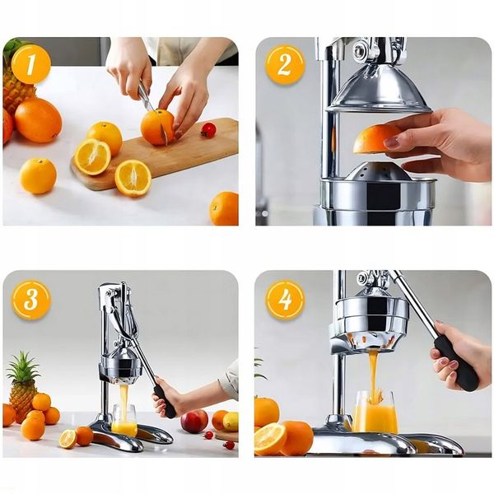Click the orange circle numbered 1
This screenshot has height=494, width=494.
[x=31, y=64]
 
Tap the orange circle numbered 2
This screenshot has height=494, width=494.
[x=285, y=64]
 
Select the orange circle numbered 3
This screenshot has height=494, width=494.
[x=31, y=300]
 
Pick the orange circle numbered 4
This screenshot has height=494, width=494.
[x=285, y=300]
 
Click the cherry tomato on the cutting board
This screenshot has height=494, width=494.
[x=208, y=130]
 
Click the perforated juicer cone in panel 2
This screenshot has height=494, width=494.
[x=377, y=172]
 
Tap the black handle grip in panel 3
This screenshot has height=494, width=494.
[x=164, y=402]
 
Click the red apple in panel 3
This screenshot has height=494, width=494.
[x=194, y=422]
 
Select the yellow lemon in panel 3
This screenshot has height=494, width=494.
[x=231, y=422]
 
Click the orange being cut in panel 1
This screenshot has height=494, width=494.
[x=157, y=127]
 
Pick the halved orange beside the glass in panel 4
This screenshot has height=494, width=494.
[x=270, y=439]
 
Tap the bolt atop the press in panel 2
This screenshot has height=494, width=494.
[x=360, y=50]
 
